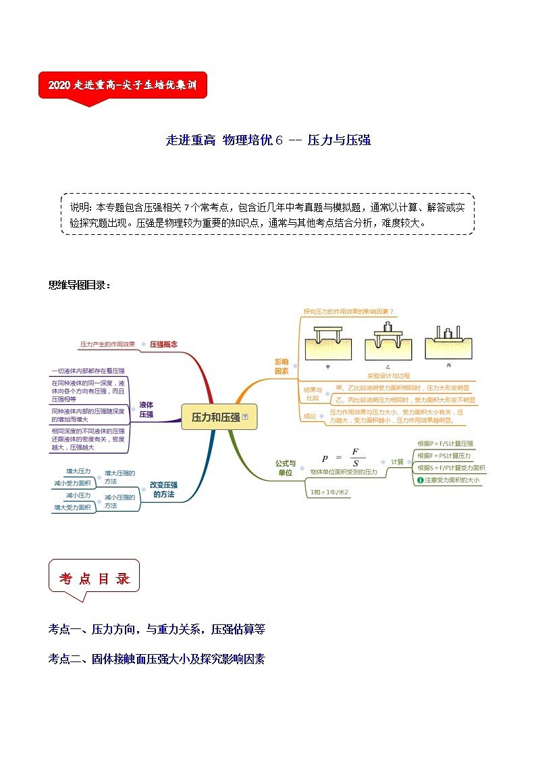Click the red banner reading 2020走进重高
click(x=122, y=86)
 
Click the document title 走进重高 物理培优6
click(x=268, y=140)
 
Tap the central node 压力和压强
click(x=216, y=417)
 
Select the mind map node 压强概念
click(x=164, y=344)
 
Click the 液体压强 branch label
click(x=146, y=410)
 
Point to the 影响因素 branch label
click(x=282, y=367)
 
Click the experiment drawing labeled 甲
click(x=327, y=348)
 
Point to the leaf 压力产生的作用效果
click(x=107, y=344)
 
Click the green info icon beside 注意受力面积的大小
click(x=420, y=481)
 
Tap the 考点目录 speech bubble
click(x=94, y=578)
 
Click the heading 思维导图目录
click(x=79, y=285)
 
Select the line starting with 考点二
click(x=157, y=659)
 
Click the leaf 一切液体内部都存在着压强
click(x=88, y=371)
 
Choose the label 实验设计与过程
click(x=388, y=375)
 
